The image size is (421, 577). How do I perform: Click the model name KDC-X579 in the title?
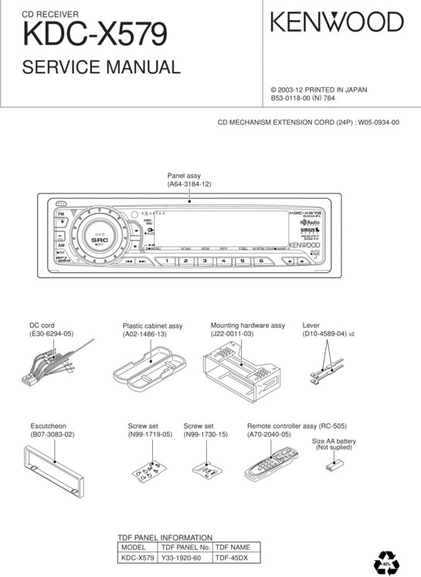(x=95, y=35)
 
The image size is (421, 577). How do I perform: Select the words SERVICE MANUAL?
(x=101, y=67)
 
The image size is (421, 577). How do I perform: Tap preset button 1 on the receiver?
(x=167, y=262)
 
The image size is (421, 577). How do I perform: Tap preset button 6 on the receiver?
(x=261, y=262)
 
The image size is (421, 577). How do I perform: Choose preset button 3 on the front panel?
(x=205, y=262)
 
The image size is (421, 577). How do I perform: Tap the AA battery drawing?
(x=334, y=464)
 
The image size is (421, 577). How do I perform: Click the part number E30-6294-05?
(x=51, y=334)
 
